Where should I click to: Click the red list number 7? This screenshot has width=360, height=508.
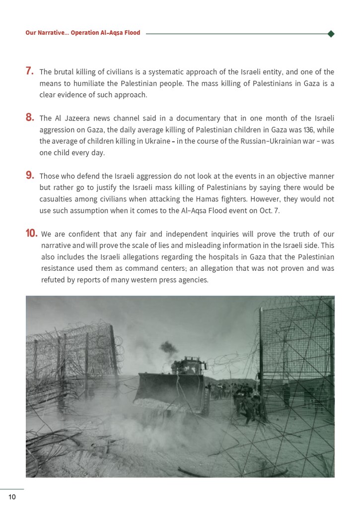pyautogui.click(x=29, y=71)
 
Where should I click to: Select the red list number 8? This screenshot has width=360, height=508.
pyautogui.click(x=29, y=118)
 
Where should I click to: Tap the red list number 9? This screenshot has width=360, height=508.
pyautogui.click(x=29, y=175)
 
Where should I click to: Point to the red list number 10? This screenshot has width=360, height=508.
pyautogui.click(x=32, y=233)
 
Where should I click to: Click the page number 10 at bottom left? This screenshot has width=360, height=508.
pyautogui.click(x=12, y=497)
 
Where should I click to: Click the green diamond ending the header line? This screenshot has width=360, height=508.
pyautogui.click(x=331, y=34)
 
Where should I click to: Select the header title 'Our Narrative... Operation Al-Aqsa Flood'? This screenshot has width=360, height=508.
pyautogui.click(x=83, y=33)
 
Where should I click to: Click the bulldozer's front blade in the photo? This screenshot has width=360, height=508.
pyautogui.click(x=167, y=389)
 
